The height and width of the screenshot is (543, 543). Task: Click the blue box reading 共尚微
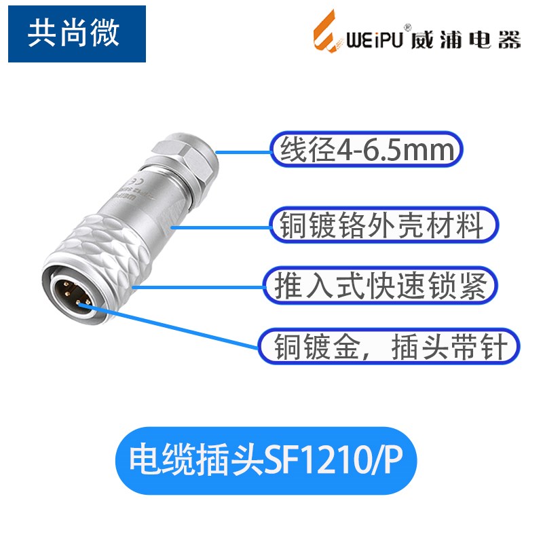pyautogui.click(x=77, y=33)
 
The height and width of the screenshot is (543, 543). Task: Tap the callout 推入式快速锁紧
pyautogui.click(x=377, y=286)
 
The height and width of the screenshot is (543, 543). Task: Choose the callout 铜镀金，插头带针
pyautogui.click(x=390, y=347)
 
